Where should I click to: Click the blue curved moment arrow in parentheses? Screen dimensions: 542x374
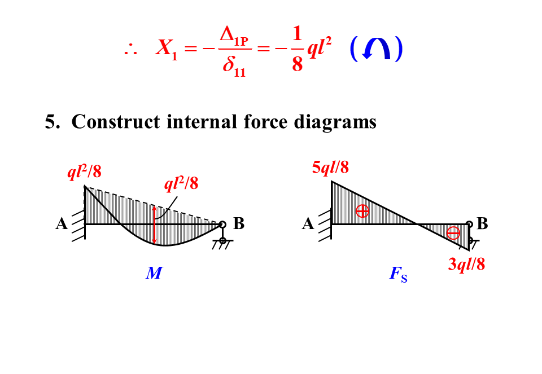point(376,49)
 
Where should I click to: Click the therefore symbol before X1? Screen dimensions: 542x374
point(130,50)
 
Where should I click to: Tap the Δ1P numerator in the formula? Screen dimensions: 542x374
point(234,36)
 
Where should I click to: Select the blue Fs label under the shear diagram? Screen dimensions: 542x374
point(398,275)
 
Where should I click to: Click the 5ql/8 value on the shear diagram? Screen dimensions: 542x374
point(330,167)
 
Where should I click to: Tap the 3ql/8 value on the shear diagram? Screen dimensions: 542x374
point(466,264)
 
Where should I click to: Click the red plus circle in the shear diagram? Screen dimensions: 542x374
point(362,211)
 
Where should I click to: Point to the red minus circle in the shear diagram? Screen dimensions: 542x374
point(453,233)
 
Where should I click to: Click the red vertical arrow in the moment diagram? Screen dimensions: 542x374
point(154,225)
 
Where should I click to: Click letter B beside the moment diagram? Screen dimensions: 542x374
point(239,224)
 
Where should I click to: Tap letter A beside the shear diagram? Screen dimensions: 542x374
point(308,224)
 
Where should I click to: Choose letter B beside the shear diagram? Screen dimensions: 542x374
point(482,224)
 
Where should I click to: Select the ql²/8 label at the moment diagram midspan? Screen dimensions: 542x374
point(181,184)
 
